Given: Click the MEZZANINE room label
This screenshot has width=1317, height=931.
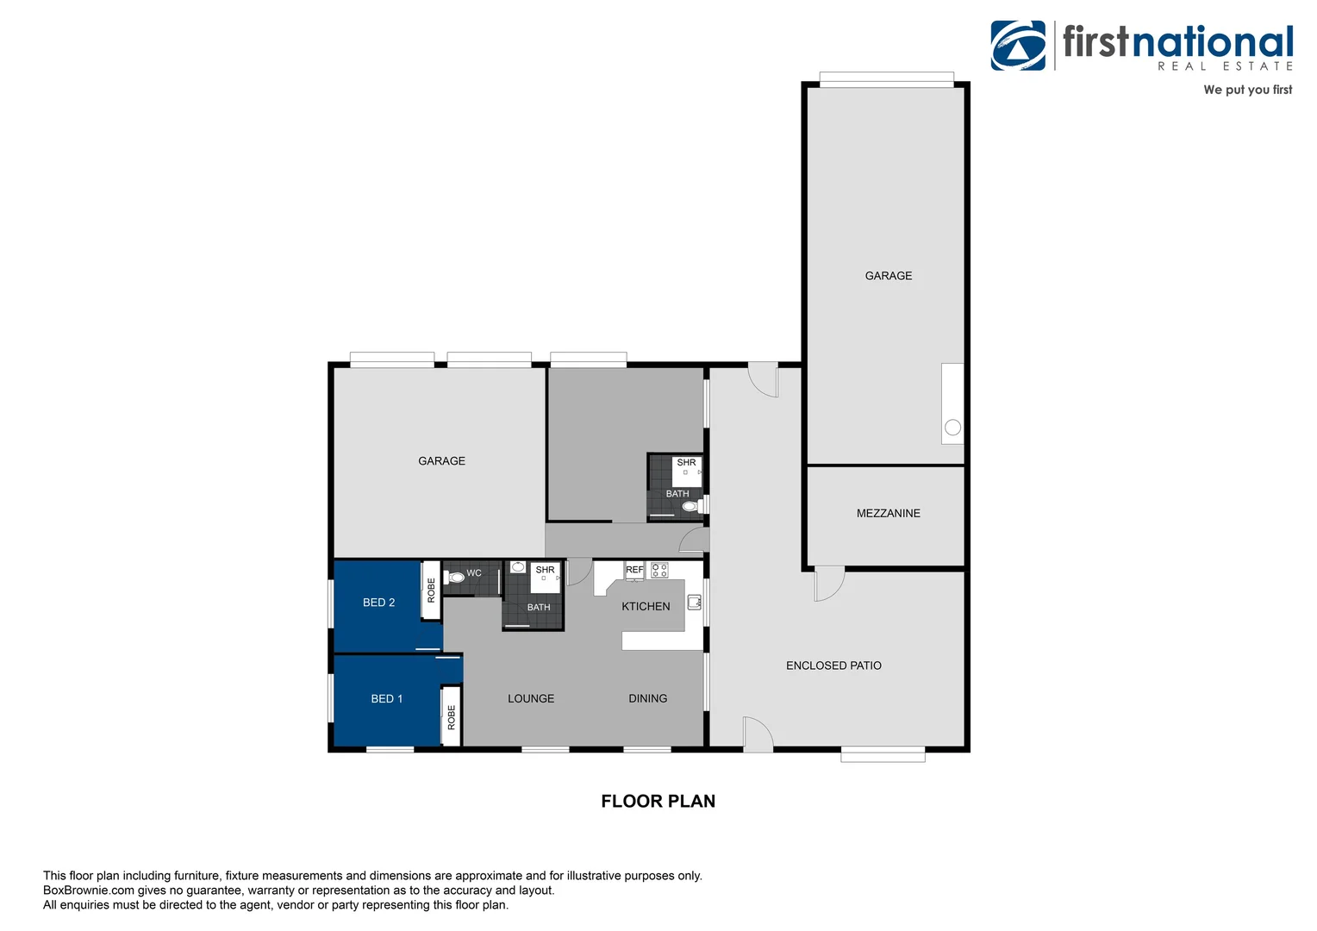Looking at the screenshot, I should [x=888, y=514].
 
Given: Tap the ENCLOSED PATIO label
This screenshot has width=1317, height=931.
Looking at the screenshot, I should [x=833, y=665].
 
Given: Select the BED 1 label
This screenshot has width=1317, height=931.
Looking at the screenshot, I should [x=386, y=699].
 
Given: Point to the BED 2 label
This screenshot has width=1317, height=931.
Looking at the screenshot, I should [x=378, y=603].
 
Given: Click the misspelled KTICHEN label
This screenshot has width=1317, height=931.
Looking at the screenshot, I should [x=646, y=607].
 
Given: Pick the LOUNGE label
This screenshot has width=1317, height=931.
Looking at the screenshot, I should [x=531, y=699].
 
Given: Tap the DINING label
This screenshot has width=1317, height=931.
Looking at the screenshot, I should [x=647, y=699].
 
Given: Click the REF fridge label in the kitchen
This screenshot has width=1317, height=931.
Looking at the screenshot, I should [x=634, y=570].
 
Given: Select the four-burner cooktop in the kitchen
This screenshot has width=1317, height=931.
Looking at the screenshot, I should [x=659, y=570].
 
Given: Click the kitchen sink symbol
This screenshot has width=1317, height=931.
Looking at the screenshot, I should [x=694, y=603].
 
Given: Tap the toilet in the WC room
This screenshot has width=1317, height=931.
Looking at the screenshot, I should [x=455, y=578].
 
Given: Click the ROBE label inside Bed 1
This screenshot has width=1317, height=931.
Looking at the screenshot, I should [x=452, y=717].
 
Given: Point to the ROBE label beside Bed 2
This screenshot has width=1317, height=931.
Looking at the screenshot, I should [x=432, y=590].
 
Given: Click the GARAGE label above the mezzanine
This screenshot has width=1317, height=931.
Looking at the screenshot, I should [x=888, y=276].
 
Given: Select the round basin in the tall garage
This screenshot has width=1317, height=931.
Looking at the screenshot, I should [x=952, y=427].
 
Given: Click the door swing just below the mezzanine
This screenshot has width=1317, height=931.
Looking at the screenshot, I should [x=828, y=584].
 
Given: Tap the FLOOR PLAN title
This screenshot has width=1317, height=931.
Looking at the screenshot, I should [x=658, y=802].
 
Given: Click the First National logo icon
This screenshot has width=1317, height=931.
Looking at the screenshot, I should [x=1018, y=46].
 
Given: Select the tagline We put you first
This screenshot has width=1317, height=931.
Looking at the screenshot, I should [x=1247, y=90].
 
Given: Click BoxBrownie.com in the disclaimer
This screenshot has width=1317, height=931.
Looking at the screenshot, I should [x=89, y=890].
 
